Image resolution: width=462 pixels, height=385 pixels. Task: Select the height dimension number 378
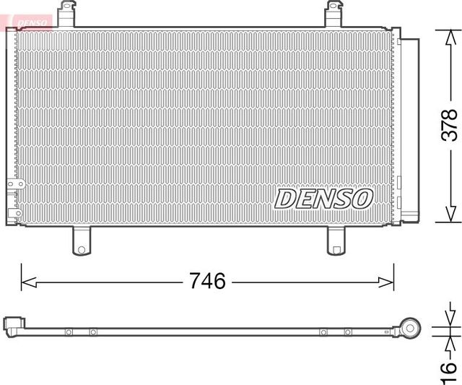(449, 124)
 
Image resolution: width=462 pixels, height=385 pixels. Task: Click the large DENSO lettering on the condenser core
(323, 198)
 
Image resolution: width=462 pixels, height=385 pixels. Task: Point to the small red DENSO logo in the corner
(28, 22)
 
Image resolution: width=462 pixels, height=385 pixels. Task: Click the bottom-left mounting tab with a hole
(81, 241)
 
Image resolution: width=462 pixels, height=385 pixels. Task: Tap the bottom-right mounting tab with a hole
(336, 241)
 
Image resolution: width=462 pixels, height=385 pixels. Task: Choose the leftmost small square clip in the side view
(69, 332)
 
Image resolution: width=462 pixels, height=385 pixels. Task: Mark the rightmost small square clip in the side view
(348, 332)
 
